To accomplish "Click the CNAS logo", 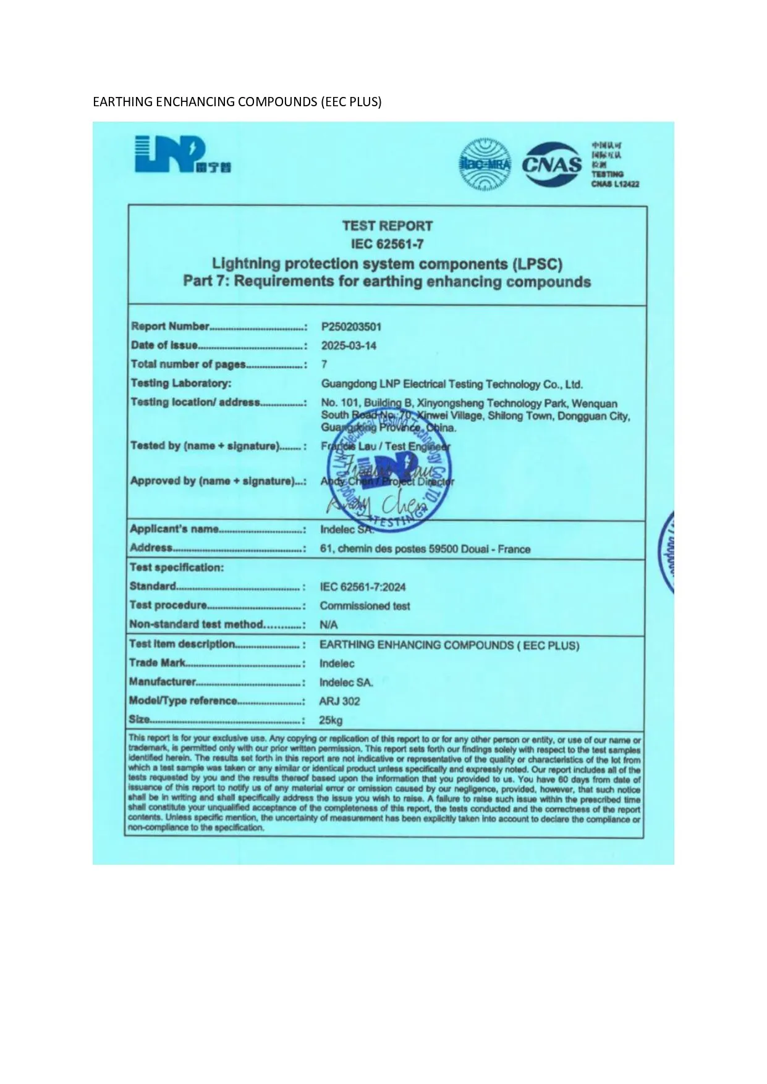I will coord(553,164).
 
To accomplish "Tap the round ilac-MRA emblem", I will coord(485,164).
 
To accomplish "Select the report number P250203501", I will coord(351,327).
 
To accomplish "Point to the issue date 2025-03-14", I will coord(349,346).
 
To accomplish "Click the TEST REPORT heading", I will coord(388,226).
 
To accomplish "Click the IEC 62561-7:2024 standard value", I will coord(363,587).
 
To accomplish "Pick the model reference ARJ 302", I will coord(339,701).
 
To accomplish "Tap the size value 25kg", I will coord(331,720).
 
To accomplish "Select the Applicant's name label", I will coord(174,529).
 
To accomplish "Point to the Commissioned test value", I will coord(365,606).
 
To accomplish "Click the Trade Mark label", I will coord(157,663).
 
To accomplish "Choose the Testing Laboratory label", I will coord(181,384).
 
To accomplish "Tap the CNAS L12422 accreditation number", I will coord(615,184).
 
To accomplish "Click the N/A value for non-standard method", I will coord(329,625).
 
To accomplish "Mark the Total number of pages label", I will coord(188,364).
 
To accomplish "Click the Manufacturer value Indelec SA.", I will coord(346,683).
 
